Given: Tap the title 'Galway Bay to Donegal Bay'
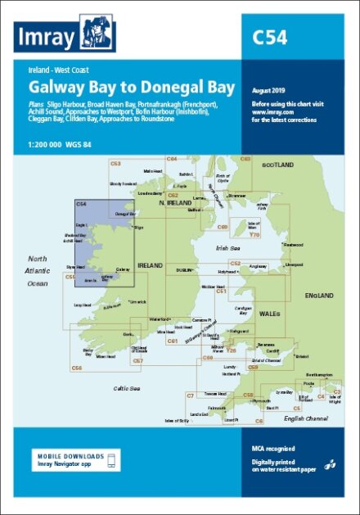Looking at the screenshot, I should point(131,87).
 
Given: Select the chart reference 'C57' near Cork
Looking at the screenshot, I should point(138,360).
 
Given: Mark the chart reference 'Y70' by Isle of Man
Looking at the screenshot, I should point(254,234).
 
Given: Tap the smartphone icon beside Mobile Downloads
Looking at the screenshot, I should point(114,461).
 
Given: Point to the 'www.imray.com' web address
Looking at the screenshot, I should point(273,112).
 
